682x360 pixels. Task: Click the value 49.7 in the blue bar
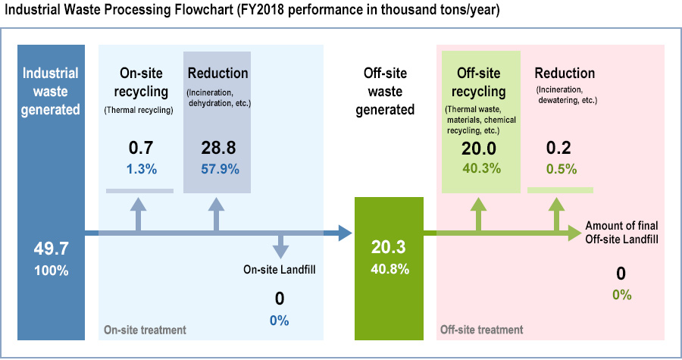[52, 249]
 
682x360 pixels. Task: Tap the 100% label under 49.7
[52, 271]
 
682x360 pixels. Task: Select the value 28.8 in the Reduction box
[218, 148]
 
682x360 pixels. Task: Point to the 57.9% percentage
[220, 169]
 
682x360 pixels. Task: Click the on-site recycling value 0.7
[141, 148]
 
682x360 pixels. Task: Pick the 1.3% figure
[142, 169]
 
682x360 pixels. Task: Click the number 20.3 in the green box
[389, 247]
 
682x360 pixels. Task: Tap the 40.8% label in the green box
[390, 269]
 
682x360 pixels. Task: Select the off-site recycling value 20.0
[479, 149]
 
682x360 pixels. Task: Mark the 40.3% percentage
[482, 168]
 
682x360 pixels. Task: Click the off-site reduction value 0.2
[558, 148]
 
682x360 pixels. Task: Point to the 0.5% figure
[562, 169]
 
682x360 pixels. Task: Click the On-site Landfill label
[280, 270]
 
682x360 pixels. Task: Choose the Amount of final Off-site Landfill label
[621, 232]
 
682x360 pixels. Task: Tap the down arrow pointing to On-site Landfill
[280, 247]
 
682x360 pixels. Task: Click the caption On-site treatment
[145, 330]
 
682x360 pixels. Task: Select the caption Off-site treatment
[482, 330]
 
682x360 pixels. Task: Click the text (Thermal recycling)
[139, 110]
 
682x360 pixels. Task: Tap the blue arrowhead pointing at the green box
[345, 233]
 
